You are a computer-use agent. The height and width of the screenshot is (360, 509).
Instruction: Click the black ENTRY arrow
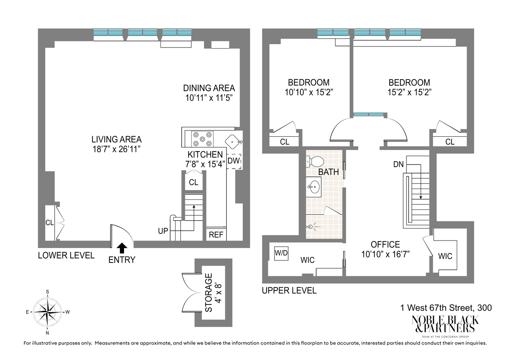click(x=122, y=248)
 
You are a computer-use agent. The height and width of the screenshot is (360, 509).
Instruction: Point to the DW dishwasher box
click(x=234, y=161)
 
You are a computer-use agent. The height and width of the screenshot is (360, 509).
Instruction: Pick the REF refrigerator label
click(x=216, y=235)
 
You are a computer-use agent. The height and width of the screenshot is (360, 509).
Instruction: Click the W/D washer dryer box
click(x=281, y=253)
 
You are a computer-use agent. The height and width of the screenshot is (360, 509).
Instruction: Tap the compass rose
click(x=47, y=312)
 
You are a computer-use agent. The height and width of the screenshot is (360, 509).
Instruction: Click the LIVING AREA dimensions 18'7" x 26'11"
click(x=116, y=149)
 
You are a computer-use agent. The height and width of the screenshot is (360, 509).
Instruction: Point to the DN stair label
click(x=398, y=165)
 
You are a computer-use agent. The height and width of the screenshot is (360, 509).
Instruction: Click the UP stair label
click(x=163, y=231)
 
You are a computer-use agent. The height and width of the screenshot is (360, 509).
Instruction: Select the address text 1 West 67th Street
click(x=446, y=308)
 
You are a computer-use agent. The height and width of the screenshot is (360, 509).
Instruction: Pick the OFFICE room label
click(x=385, y=244)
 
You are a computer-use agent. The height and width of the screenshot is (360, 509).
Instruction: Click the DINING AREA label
click(x=209, y=88)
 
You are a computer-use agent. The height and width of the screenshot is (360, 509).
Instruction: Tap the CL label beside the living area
click(x=49, y=223)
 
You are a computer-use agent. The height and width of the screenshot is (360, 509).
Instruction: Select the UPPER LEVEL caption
click(x=289, y=291)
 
